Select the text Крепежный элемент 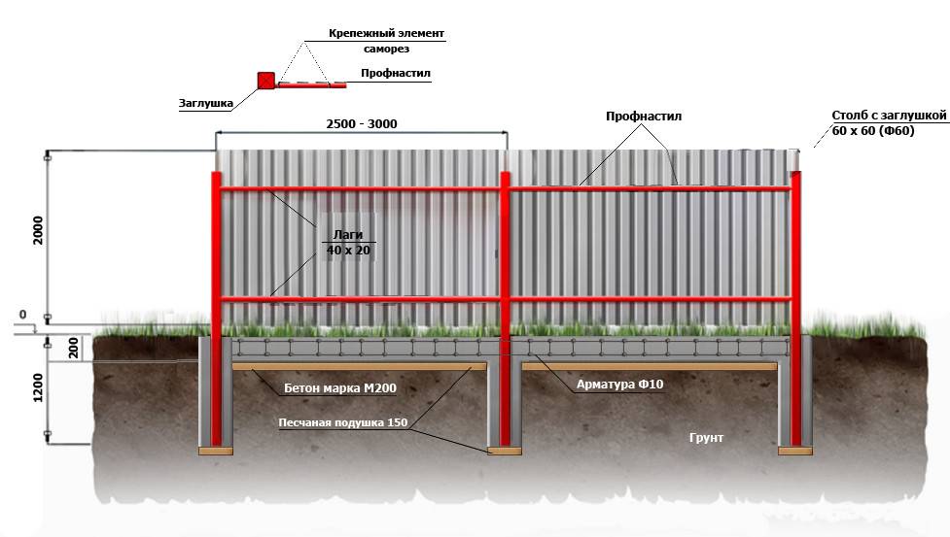386,33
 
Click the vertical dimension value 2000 37,230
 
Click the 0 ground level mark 21,316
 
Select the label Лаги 347,234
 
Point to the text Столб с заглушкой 889,115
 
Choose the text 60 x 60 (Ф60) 873,131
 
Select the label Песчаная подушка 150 342,422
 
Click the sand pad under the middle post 504,451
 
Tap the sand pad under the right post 794,451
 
